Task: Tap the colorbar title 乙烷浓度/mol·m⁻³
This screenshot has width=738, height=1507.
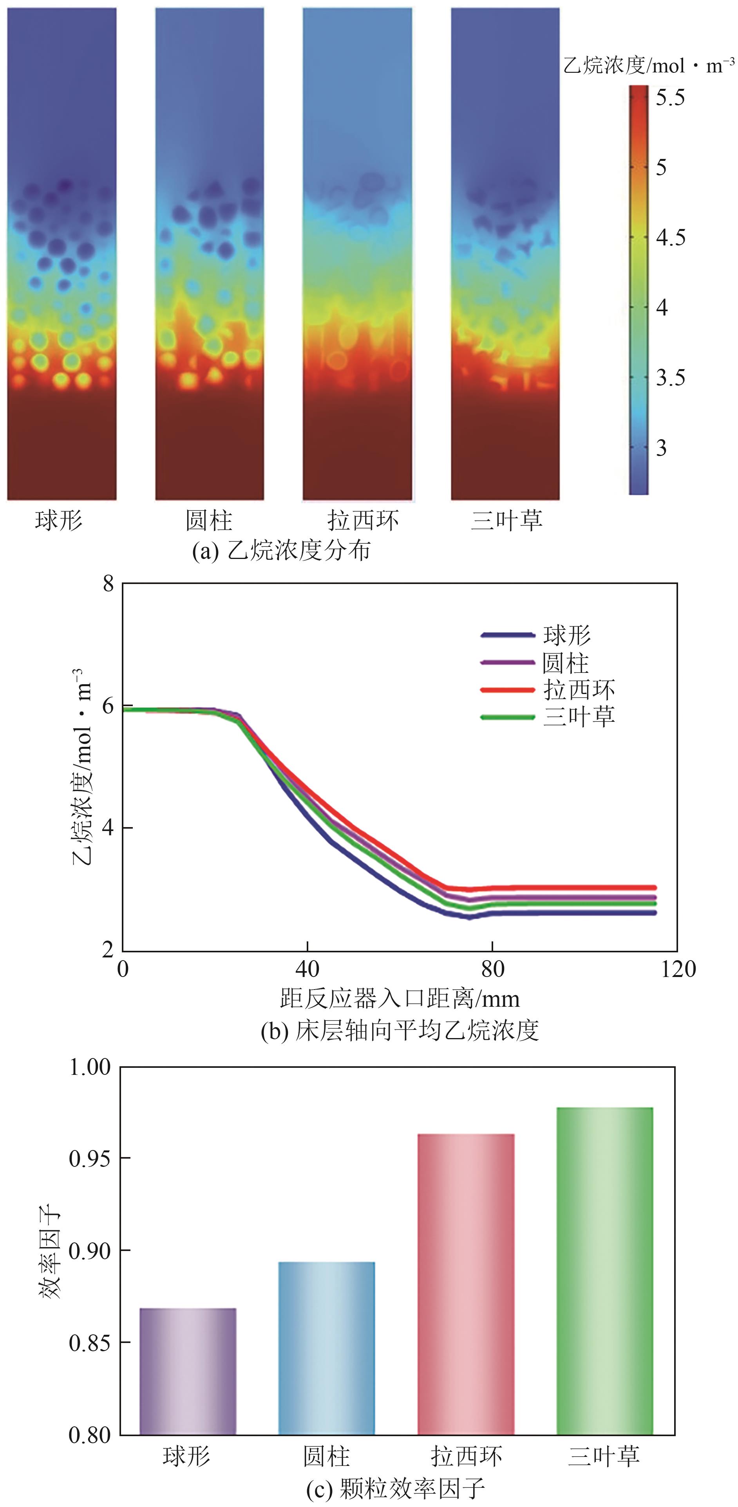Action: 648,65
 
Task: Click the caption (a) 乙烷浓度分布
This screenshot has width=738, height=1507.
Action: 281,550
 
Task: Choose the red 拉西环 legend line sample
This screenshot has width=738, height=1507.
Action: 507,690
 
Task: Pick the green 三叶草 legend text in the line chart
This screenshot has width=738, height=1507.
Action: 579,717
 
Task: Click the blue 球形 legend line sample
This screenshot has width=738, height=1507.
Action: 507,635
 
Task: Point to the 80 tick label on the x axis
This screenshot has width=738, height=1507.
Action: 492,969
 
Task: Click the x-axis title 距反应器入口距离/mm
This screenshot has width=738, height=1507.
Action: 400,998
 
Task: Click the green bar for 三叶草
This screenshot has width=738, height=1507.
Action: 604,1269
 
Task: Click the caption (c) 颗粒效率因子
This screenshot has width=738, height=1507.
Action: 396,1488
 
